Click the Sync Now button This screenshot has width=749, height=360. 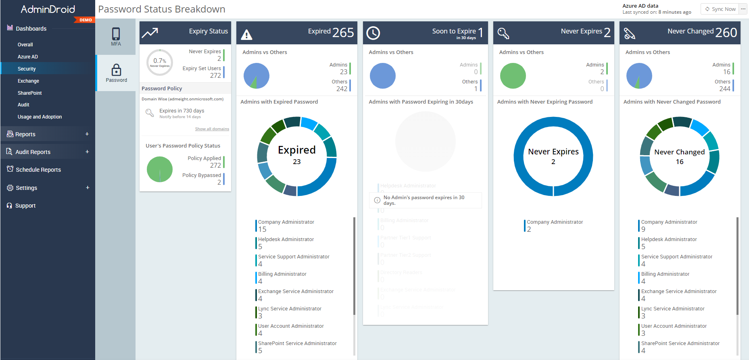(x=720, y=9)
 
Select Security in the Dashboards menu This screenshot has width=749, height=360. (x=27, y=69)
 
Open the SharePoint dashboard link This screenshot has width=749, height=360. (x=29, y=93)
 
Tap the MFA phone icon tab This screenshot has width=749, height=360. (x=116, y=37)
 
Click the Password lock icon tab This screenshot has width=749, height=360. (x=116, y=73)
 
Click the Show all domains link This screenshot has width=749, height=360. (x=212, y=129)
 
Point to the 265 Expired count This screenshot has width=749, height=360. (x=343, y=33)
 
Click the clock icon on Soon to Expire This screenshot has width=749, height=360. (x=373, y=33)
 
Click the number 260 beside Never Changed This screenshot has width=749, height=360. (x=726, y=33)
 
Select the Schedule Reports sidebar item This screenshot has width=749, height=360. (x=38, y=170)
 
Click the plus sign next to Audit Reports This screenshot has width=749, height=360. (x=87, y=152)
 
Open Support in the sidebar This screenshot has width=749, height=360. (x=25, y=206)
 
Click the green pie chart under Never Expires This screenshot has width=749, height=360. (x=513, y=76)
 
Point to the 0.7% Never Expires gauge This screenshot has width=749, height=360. (x=160, y=62)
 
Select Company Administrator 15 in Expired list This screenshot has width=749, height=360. (x=286, y=225)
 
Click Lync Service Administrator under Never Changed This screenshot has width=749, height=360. (x=672, y=309)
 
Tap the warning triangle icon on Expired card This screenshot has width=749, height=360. (x=246, y=35)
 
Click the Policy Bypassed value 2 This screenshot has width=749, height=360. (x=219, y=182)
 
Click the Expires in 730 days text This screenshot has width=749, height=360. (x=182, y=111)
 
